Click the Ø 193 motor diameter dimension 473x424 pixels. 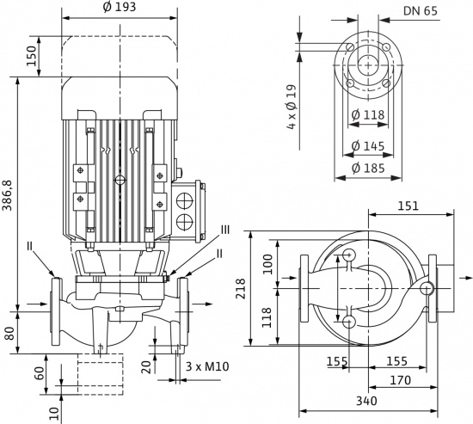tap(120, 7)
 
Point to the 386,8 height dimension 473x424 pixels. tap(7, 195)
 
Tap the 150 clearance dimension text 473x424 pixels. tap(31, 56)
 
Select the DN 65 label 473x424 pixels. tap(421, 11)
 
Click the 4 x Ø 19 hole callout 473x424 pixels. tap(292, 108)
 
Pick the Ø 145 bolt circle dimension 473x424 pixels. tap(368, 146)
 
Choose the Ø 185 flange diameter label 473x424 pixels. tap(368, 168)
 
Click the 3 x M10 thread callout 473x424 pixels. tap(207, 366)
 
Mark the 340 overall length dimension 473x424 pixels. tap(366, 401)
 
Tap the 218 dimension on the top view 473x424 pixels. tap(241, 288)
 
